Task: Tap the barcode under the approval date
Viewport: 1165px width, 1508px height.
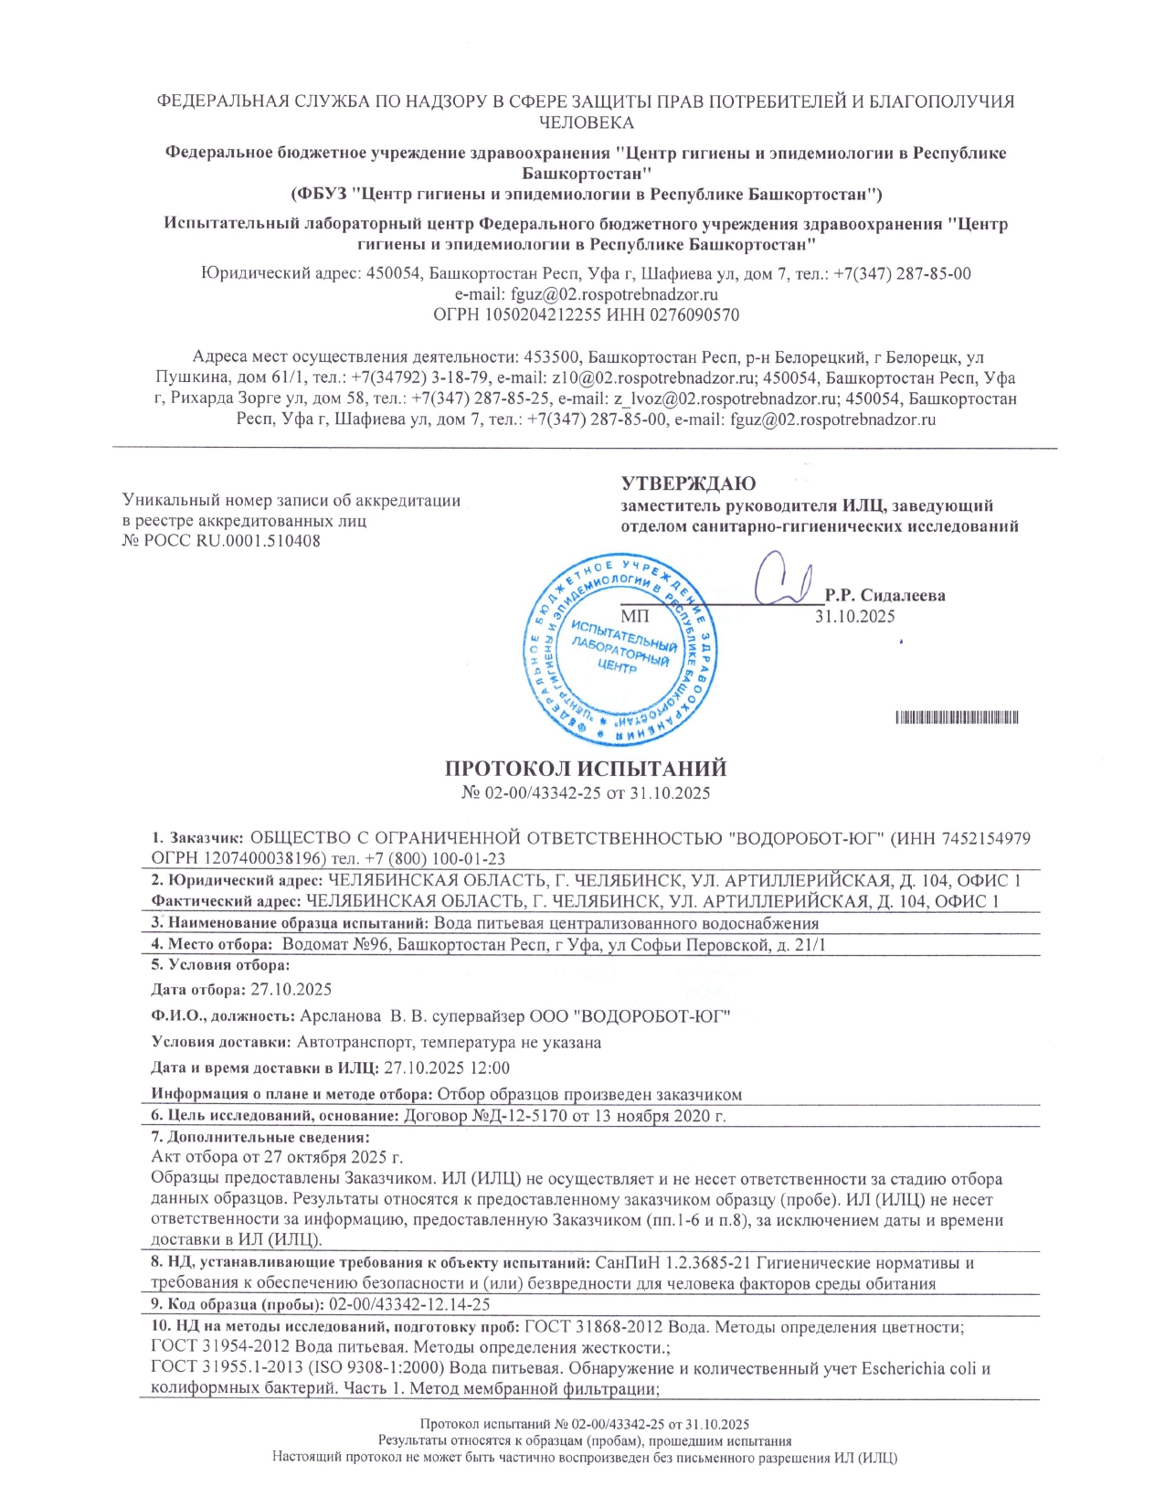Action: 957,717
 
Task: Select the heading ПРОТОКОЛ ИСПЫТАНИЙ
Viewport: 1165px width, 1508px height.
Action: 586,769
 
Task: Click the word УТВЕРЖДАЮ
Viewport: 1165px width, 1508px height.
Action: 689,483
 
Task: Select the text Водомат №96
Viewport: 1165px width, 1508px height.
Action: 334,945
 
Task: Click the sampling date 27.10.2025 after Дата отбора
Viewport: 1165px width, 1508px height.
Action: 291,990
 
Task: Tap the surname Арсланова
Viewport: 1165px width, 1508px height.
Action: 341,1016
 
